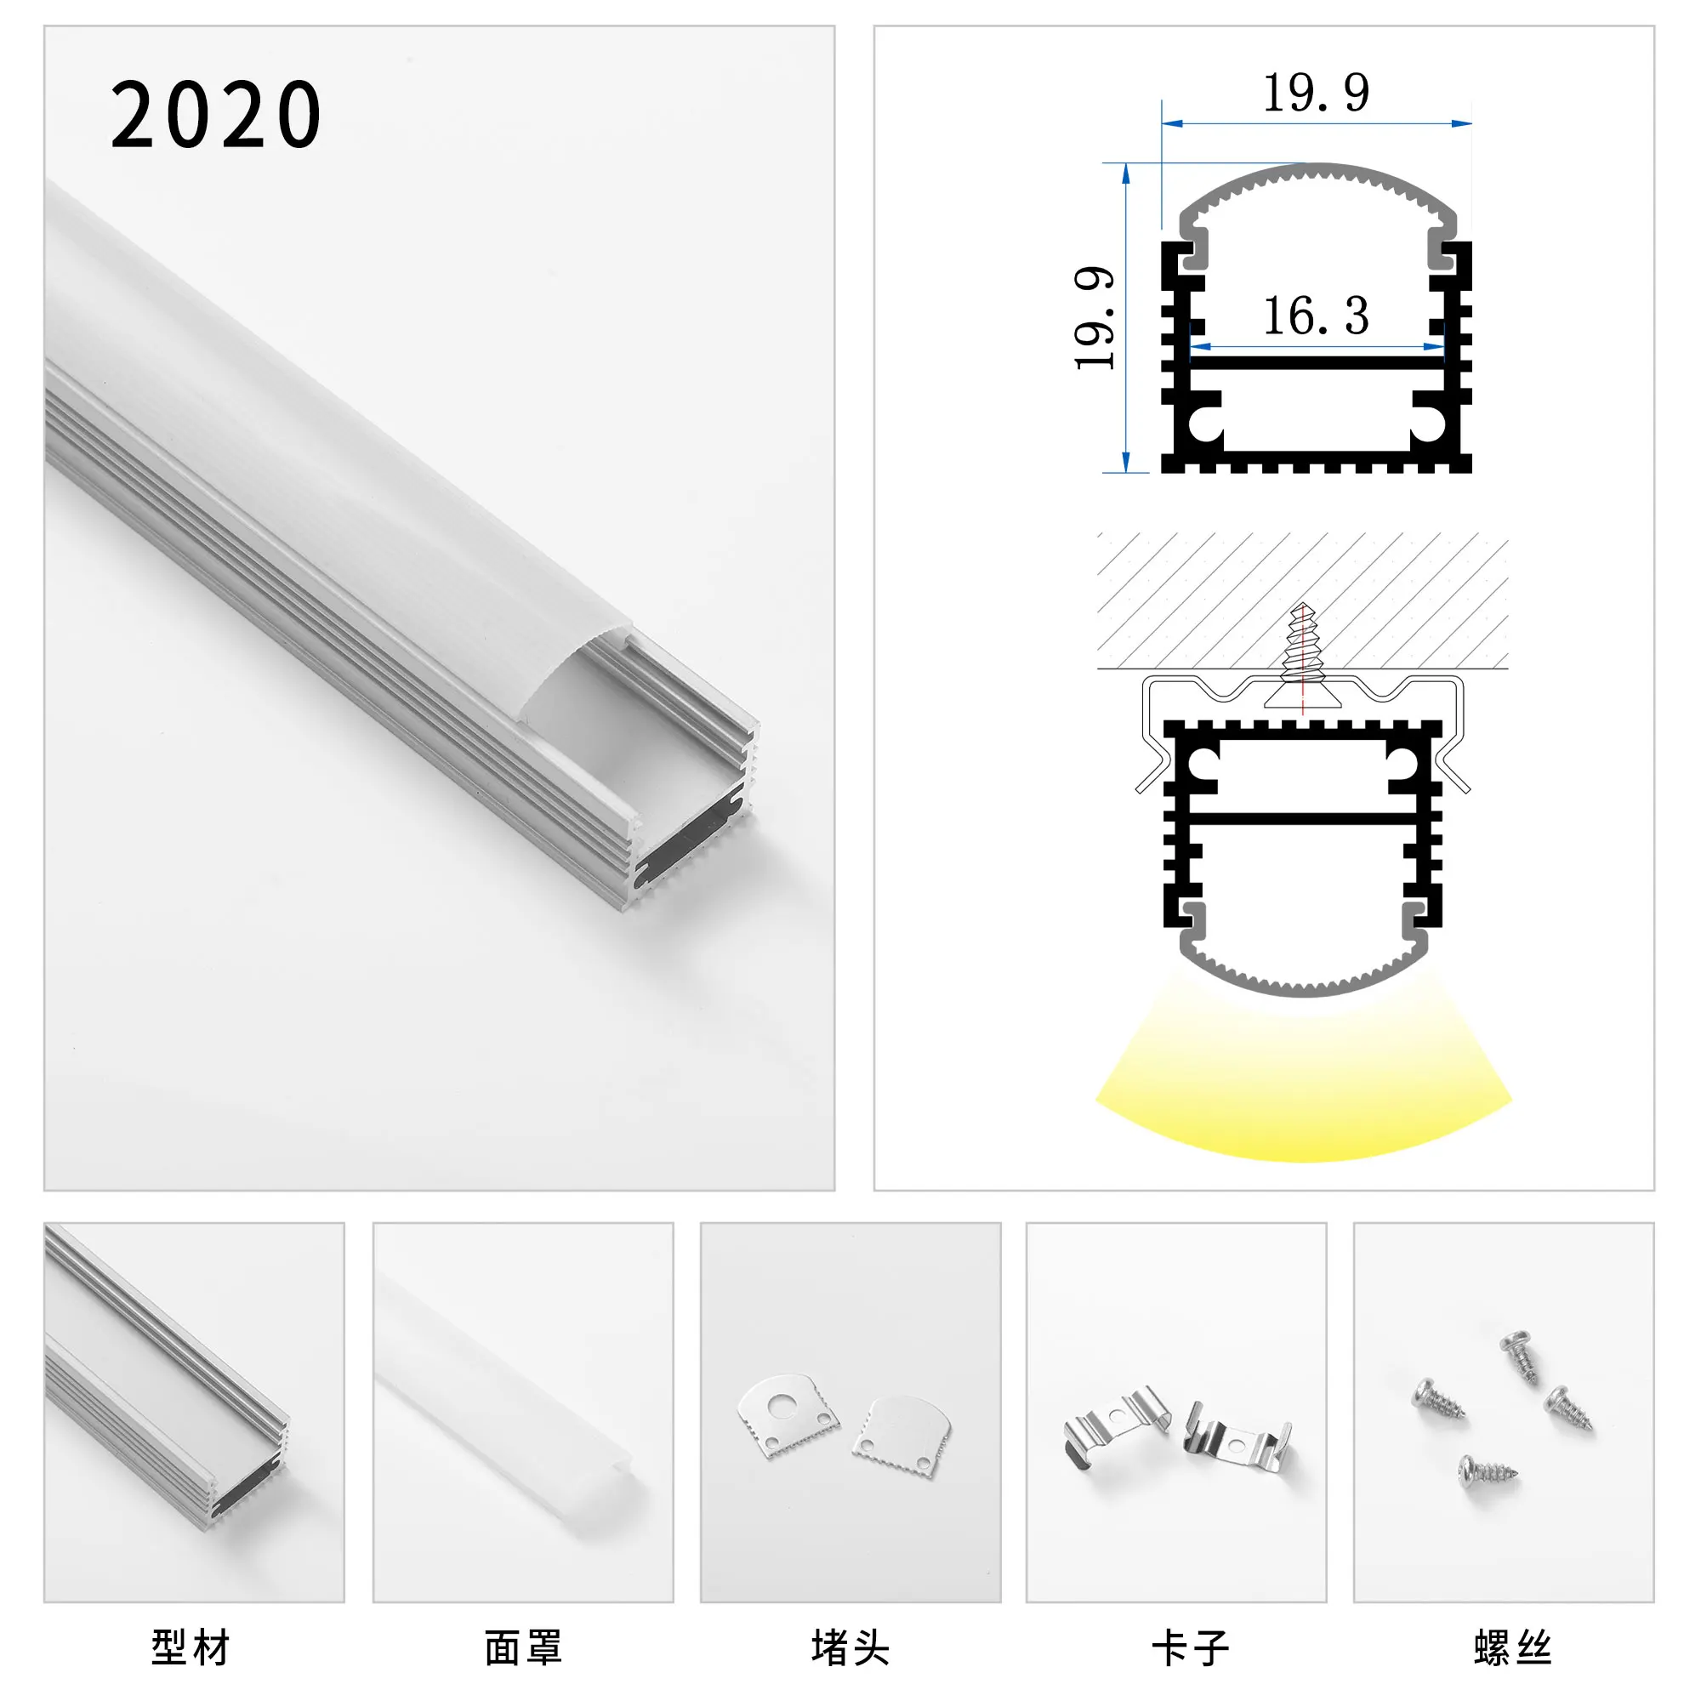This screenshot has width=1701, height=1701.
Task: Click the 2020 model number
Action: (216, 115)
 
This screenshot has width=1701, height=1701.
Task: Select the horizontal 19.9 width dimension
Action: (1316, 94)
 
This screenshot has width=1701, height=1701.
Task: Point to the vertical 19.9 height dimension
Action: (1095, 318)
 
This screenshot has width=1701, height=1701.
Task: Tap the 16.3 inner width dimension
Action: (1316, 316)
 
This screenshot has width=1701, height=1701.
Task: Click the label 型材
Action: (191, 1648)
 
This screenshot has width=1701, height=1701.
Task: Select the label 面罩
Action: (523, 1648)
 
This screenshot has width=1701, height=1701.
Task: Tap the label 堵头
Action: (850, 1648)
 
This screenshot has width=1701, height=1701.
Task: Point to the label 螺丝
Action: (1511, 1648)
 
